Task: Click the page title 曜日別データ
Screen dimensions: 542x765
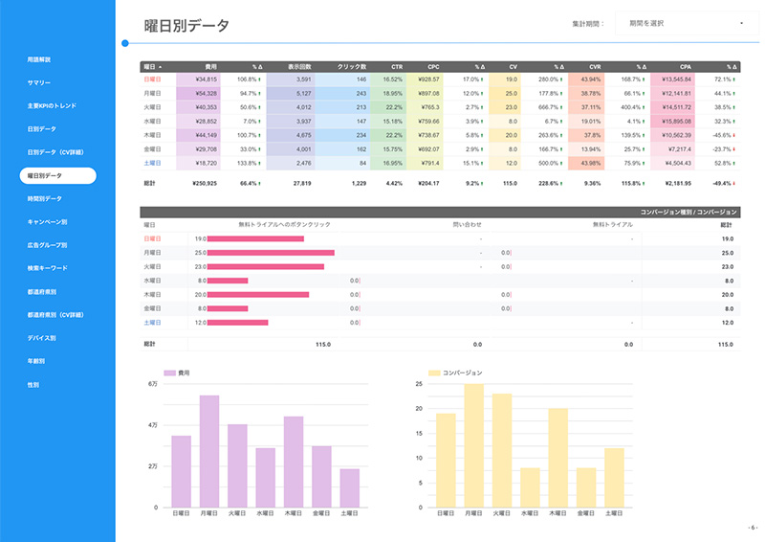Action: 186,25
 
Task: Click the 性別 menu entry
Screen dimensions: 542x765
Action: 33,384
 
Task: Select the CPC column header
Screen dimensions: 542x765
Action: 432,66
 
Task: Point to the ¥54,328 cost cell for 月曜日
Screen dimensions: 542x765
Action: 206,94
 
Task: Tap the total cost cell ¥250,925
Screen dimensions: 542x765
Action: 205,183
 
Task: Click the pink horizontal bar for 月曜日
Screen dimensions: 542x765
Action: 271,253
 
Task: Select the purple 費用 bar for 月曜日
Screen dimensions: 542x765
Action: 209,451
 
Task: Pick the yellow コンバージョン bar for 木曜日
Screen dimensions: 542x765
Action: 558,458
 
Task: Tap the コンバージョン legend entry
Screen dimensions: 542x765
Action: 456,372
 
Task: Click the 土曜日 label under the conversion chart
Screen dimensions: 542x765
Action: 614,513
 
